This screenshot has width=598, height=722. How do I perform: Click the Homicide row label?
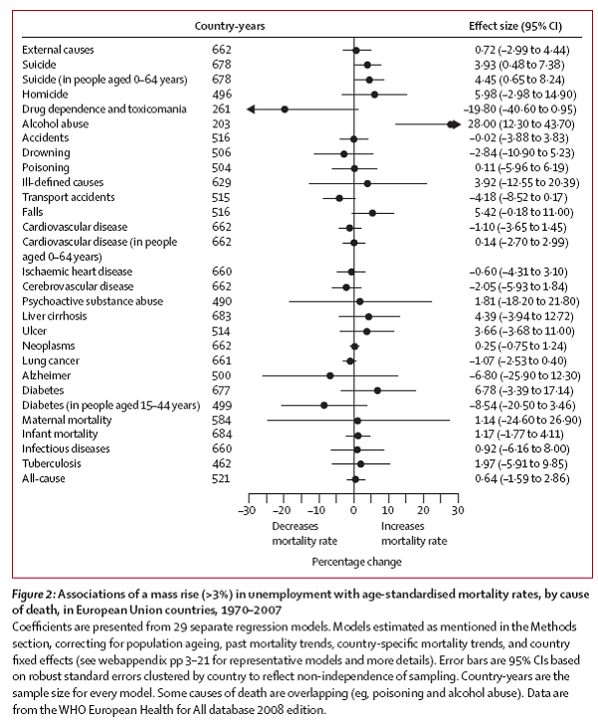click(x=45, y=93)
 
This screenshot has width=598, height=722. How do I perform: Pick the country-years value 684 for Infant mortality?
click(x=221, y=434)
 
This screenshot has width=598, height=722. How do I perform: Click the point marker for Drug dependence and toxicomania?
click(x=285, y=108)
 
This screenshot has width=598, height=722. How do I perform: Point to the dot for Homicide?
click(x=374, y=93)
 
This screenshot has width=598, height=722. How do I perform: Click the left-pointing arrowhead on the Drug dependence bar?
click(x=250, y=108)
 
